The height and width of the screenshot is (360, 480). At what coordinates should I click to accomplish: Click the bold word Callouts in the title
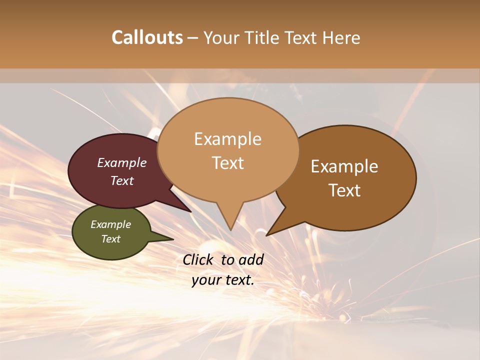pos(147,37)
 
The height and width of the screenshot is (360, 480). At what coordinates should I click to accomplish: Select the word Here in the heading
pos(340,37)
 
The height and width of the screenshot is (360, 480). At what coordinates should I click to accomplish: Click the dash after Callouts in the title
pos(193,38)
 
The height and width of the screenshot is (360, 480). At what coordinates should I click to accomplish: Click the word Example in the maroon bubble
pos(122,162)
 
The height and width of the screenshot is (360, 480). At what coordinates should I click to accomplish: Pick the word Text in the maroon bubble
pos(122,180)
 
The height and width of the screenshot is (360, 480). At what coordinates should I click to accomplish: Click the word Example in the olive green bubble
pos(111,224)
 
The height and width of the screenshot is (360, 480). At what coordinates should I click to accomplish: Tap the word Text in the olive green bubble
pos(111,238)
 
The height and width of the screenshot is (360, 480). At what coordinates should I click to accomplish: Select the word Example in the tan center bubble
pos(227,139)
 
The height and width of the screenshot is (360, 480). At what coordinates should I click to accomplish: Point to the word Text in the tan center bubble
pos(227,162)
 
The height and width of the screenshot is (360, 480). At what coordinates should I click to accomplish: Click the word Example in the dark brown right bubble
pos(344,166)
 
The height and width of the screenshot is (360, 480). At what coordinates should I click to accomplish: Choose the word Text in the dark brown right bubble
pos(344,190)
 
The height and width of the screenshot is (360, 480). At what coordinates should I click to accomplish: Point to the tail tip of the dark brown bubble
pos(268,234)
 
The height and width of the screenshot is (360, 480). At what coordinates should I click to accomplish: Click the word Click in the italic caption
pos(198,259)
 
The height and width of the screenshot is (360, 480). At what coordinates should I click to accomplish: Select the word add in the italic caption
pos(251,259)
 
